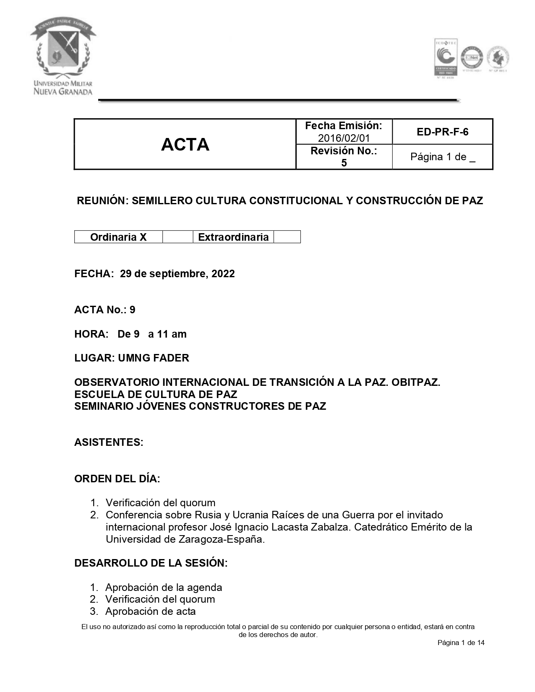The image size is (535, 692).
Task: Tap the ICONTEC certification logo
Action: (445, 57)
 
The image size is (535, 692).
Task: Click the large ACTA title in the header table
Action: (185, 145)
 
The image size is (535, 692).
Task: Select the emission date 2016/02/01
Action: (344, 138)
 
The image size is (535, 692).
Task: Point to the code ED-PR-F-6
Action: (442, 132)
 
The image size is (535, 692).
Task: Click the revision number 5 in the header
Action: (344, 163)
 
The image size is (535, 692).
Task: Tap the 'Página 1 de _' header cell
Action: (442, 157)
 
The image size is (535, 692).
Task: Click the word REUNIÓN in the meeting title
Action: (101, 201)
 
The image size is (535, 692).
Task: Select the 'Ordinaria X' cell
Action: (118, 237)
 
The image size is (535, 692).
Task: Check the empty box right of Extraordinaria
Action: (287, 237)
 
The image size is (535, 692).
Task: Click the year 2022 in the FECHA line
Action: (223, 274)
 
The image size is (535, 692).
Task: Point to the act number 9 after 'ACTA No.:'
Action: (133, 310)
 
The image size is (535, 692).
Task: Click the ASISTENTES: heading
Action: (109, 442)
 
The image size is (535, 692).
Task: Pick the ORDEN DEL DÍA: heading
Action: (117, 479)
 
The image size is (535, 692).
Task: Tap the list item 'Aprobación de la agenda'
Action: (164, 588)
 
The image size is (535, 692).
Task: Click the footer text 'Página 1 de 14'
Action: (461, 643)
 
